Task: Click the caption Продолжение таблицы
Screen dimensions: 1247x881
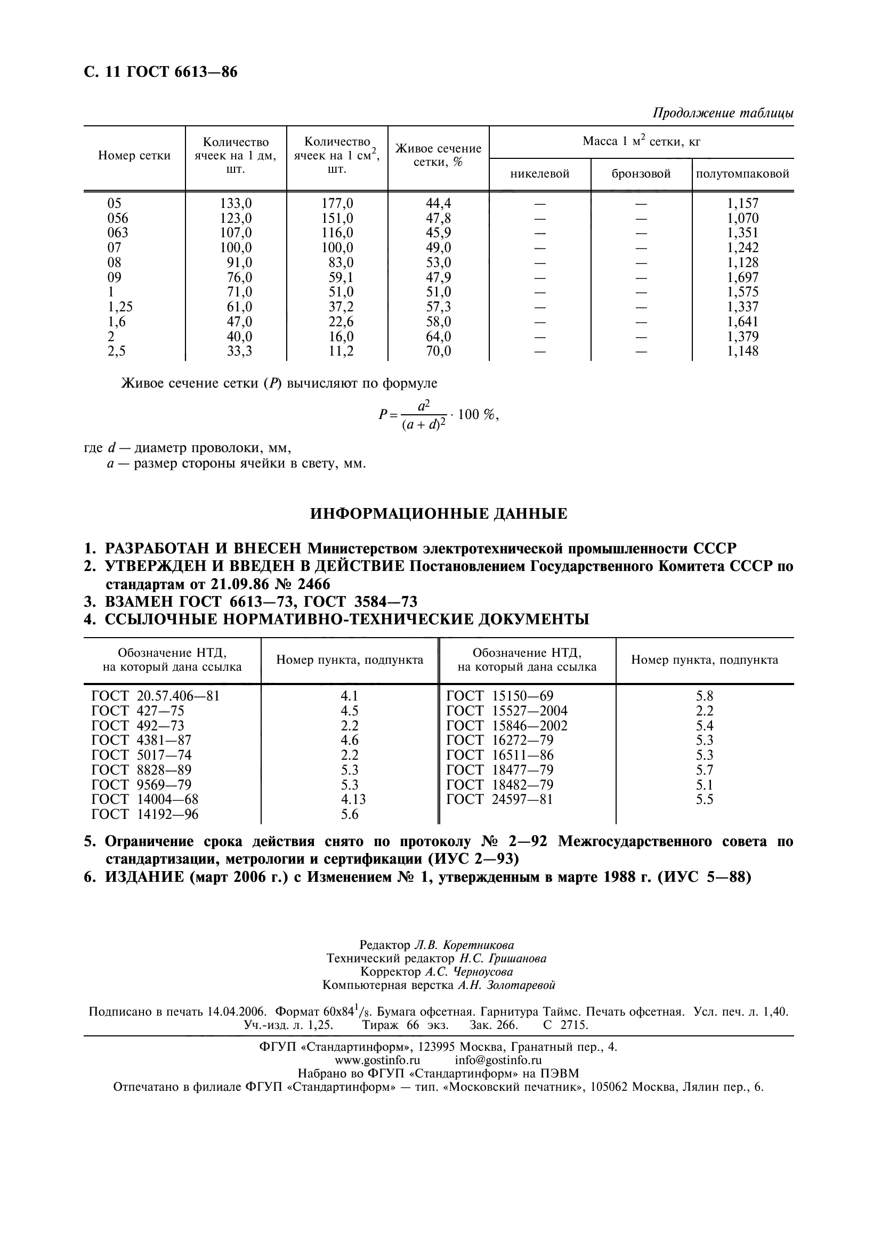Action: [723, 113]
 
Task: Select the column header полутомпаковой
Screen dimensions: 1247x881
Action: [742, 174]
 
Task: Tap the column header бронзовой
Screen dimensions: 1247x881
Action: [641, 174]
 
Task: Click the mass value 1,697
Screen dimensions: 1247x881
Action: [742, 278]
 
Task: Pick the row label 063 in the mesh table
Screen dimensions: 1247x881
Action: [118, 233]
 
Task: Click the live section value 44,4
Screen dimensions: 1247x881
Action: [438, 204]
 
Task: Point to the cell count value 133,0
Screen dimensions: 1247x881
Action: [236, 204]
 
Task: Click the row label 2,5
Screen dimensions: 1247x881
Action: [116, 351]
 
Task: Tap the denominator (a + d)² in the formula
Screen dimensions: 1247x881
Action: [424, 425]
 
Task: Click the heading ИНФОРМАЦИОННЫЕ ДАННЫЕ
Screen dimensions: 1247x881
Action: [439, 514]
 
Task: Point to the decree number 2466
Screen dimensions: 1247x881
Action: [310, 584]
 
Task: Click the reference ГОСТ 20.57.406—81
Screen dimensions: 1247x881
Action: [156, 696]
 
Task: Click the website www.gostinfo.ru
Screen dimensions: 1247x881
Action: [377, 1060]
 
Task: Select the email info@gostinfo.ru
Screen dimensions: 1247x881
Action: [498, 1060]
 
